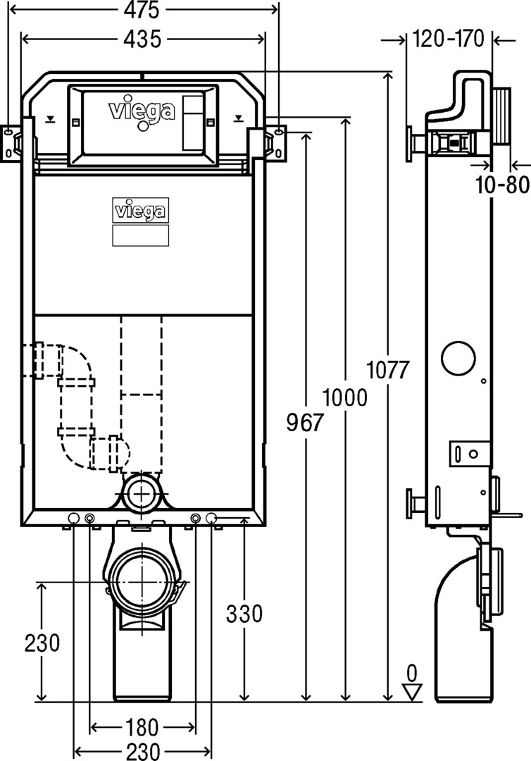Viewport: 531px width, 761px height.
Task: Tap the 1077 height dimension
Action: click(x=388, y=371)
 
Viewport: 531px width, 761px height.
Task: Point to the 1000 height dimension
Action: click(x=345, y=398)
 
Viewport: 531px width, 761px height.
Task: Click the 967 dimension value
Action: click(x=304, y=422)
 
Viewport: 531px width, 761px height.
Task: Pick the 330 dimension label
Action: click(x=244, y=614)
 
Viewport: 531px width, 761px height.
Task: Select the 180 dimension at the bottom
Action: click(x=142, y=727)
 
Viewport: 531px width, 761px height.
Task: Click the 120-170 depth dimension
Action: click(x=449, y=39)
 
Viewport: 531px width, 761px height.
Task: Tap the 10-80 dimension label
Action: click(x=501, y=185)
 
